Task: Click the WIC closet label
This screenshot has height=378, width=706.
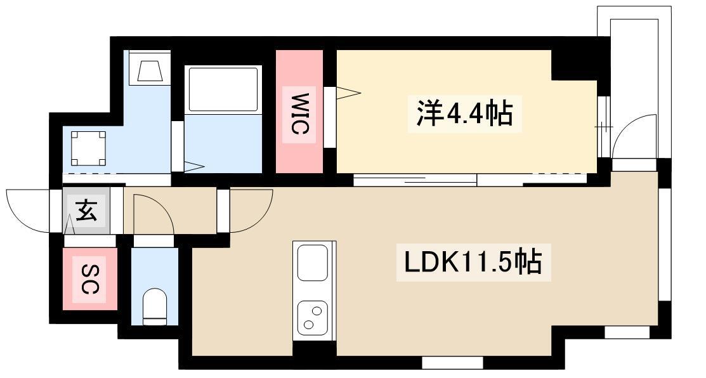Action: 299,114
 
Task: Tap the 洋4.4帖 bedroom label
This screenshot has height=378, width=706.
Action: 464,114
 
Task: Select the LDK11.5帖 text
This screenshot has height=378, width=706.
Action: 473,262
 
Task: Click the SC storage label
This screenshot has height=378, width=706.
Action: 91,279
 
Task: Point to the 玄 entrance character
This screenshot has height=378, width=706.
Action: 86,211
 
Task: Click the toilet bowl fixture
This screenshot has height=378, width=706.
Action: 154,306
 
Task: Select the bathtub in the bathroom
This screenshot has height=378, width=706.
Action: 223,89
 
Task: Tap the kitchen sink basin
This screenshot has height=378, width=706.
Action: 312,263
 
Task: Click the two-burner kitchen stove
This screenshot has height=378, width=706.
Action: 312,318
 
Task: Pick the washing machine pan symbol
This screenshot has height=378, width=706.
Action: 89,148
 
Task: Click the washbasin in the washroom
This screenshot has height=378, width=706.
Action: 150,70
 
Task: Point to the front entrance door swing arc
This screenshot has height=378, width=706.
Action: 27,211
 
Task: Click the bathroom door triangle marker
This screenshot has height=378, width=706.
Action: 194,167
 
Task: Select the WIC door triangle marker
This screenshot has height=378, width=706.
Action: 348,93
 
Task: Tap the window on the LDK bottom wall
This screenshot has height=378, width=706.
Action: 452,362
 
